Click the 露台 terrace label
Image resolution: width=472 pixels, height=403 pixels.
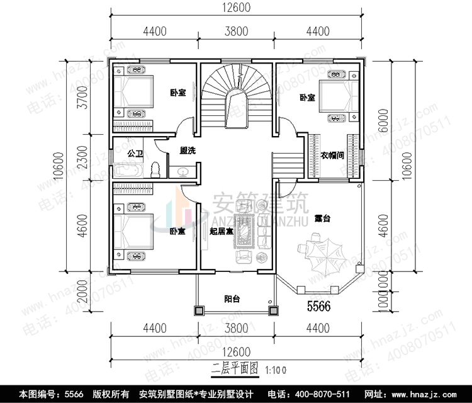(322, 218)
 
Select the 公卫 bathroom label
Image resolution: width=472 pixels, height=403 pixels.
(135, 153)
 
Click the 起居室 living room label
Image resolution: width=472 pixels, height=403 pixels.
(222, 231)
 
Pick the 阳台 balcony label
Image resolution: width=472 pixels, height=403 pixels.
(233, 299)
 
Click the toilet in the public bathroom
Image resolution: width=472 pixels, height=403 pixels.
(157, 169)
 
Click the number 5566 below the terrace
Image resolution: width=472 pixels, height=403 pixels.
(318, 307)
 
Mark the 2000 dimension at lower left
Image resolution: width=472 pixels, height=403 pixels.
(75, 293)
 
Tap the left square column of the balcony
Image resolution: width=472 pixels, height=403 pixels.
(199, 310)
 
